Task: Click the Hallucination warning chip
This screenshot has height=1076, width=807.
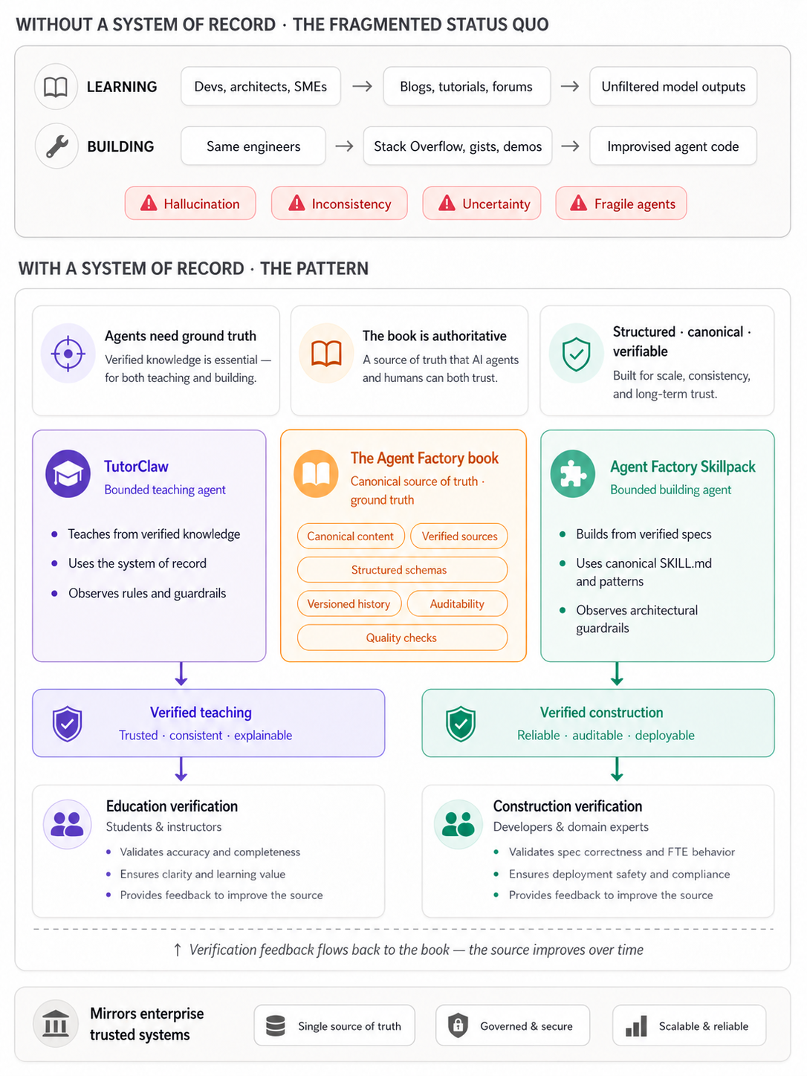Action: coord(190,203)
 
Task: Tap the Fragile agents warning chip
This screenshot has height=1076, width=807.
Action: coord(620,203)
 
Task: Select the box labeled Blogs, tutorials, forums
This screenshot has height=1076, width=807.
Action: coord(467,86)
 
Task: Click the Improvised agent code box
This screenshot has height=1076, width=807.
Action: coord(672,146)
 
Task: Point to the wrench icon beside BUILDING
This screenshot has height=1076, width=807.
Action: coord(56,146)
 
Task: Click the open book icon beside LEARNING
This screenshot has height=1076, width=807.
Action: coord(56,87)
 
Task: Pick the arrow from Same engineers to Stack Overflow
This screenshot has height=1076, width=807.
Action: coord(345,146)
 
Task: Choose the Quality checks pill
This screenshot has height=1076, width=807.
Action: coord(402,638)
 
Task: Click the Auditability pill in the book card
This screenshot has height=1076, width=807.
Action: coord(457,603)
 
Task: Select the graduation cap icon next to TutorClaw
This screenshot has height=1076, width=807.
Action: coord(68,473)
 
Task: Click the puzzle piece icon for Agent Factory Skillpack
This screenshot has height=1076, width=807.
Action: coord(573,473)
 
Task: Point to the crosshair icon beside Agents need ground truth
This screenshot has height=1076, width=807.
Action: coord(68,354)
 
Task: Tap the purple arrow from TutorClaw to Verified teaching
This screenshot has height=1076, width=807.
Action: coord(181,674)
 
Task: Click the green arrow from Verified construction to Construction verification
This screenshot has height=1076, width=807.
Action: coord(617,769)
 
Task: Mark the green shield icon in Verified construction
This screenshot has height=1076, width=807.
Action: coord(461,724)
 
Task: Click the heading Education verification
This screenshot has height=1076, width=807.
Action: coord(172,806)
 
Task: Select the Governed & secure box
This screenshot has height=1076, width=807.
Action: coord(513,1025)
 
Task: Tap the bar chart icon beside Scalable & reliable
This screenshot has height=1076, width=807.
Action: coord(636,1025)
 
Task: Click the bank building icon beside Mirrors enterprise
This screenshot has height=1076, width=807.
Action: coord(56,1023)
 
